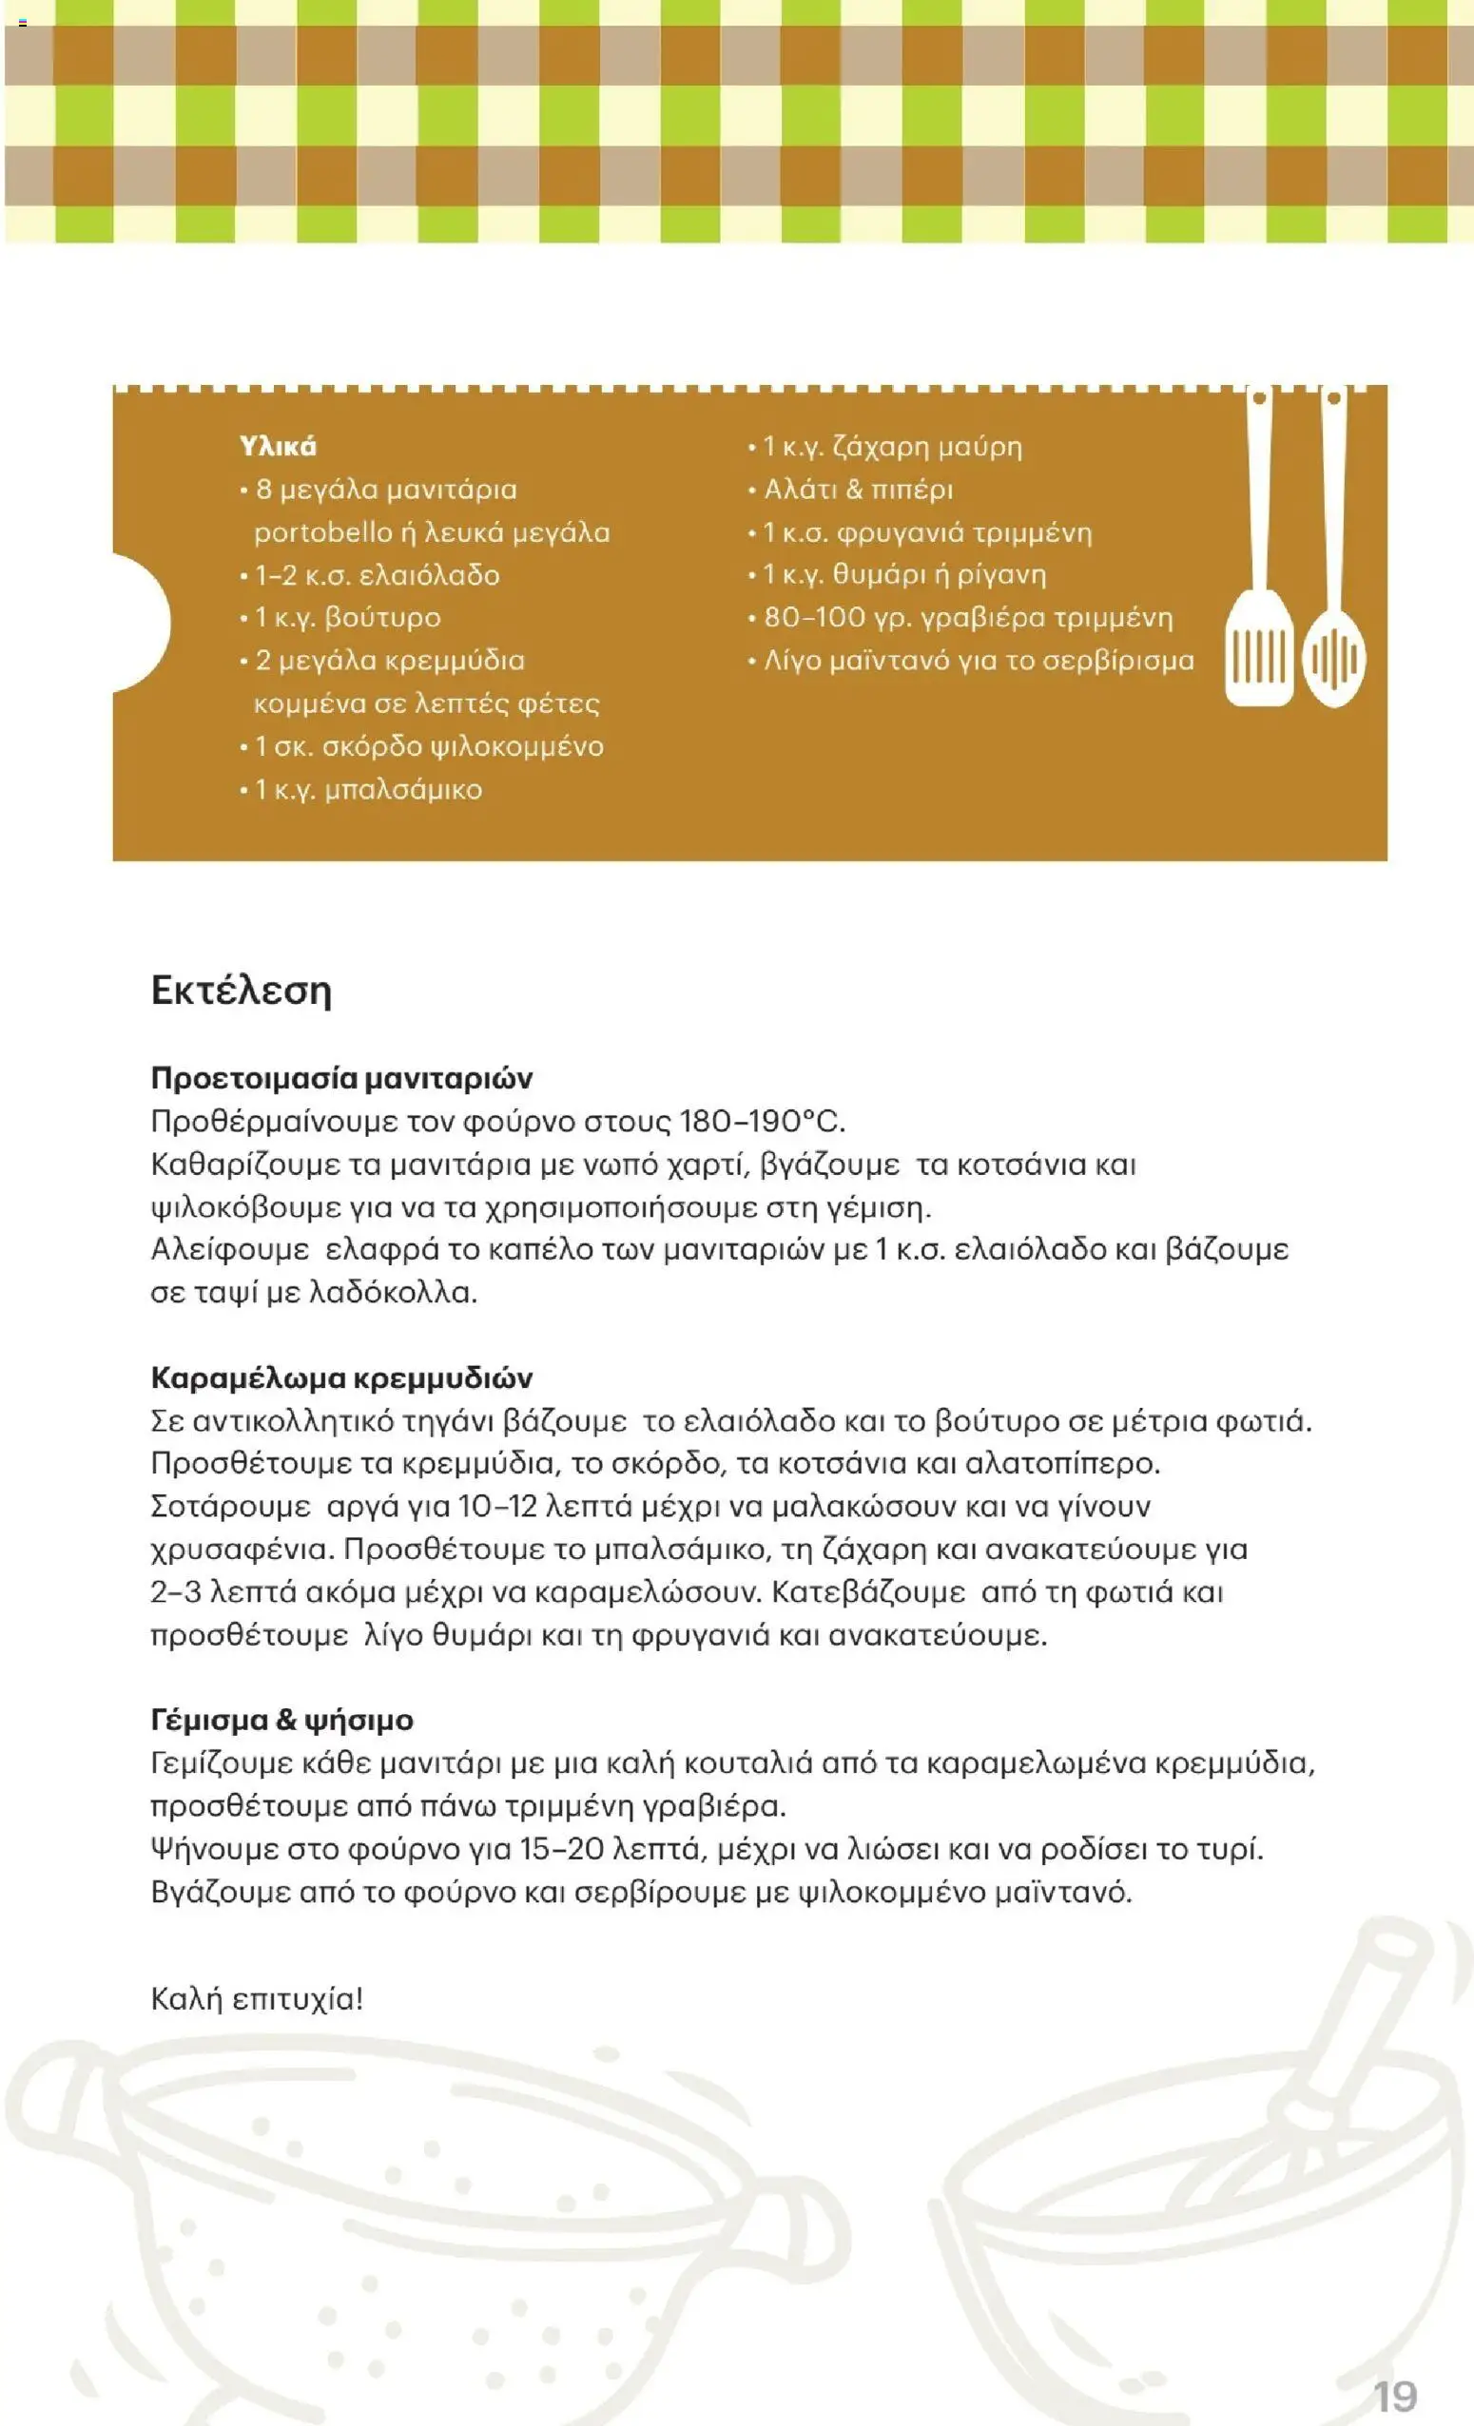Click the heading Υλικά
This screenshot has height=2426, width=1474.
coord(278,447)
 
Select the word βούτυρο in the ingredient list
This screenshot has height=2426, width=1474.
coord(383,618)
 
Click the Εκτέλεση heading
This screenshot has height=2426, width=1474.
coord(242,990)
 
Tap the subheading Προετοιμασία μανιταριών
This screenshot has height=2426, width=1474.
coord(341,1078)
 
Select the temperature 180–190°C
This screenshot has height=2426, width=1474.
coord(762,1122)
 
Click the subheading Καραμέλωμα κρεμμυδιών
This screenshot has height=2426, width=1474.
coord(341,1377)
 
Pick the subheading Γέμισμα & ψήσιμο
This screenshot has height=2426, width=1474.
coord(281,1720)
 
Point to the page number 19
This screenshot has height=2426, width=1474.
coord(1395,2396)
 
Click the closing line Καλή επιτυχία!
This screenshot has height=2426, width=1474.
coord(257,1998)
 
